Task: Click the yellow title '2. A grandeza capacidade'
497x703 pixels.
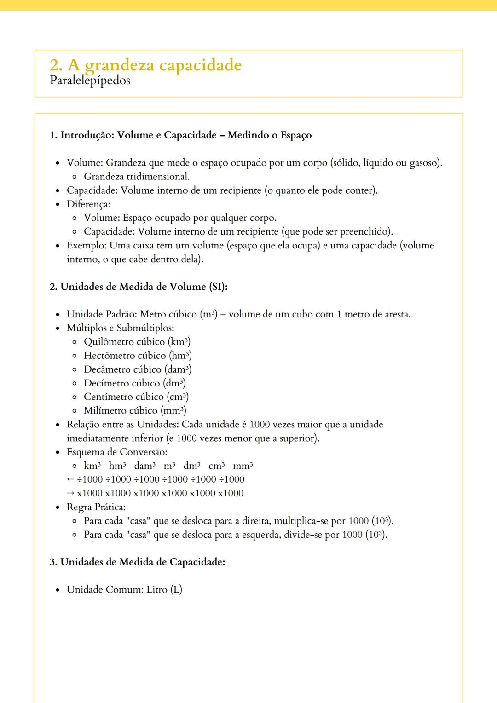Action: pyautogui.click(x=145, y=65)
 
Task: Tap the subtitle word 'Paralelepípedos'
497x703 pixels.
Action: pyautogui.click(x=90, y=81)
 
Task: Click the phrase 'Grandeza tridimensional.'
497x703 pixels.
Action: pyautogui.click(x=137, y=177)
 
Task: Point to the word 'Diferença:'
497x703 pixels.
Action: pyautogui.click(x=88, y=204)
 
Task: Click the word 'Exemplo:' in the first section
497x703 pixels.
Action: pyautogui.click(x=87, y=245)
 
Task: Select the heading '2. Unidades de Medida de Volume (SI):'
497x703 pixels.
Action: pyautogui.click(x=139, y=287)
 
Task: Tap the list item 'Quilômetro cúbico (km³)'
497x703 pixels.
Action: pyautogui.click(x=137, y=342)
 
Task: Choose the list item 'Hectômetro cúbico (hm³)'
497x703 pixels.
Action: pyautogui.click(x=138, y=356)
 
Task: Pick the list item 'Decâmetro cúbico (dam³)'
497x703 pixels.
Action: pyautogui.click(x=138, y=369)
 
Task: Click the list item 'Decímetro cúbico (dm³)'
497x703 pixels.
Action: pyautogui.click(x=134, y=383)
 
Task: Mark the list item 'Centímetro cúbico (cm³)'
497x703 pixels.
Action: pyautogui.click(x=136, y=397)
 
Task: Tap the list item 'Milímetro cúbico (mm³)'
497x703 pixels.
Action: pyautogui.click(x=135, y=410)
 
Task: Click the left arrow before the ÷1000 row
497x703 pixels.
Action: pyautogui.click(x=70, y=479)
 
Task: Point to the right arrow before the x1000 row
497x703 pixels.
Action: pyautogui.click(x=70, y=493)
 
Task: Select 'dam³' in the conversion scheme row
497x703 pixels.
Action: pyautogui.click(x=144, y=466)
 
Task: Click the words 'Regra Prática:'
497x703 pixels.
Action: pyautogui.click(x=96, y=507)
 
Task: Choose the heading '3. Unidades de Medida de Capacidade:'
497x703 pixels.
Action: pyautogui.click(x=137, y=562)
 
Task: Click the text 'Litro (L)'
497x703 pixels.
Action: pyautogui.click(x=164, y=589)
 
